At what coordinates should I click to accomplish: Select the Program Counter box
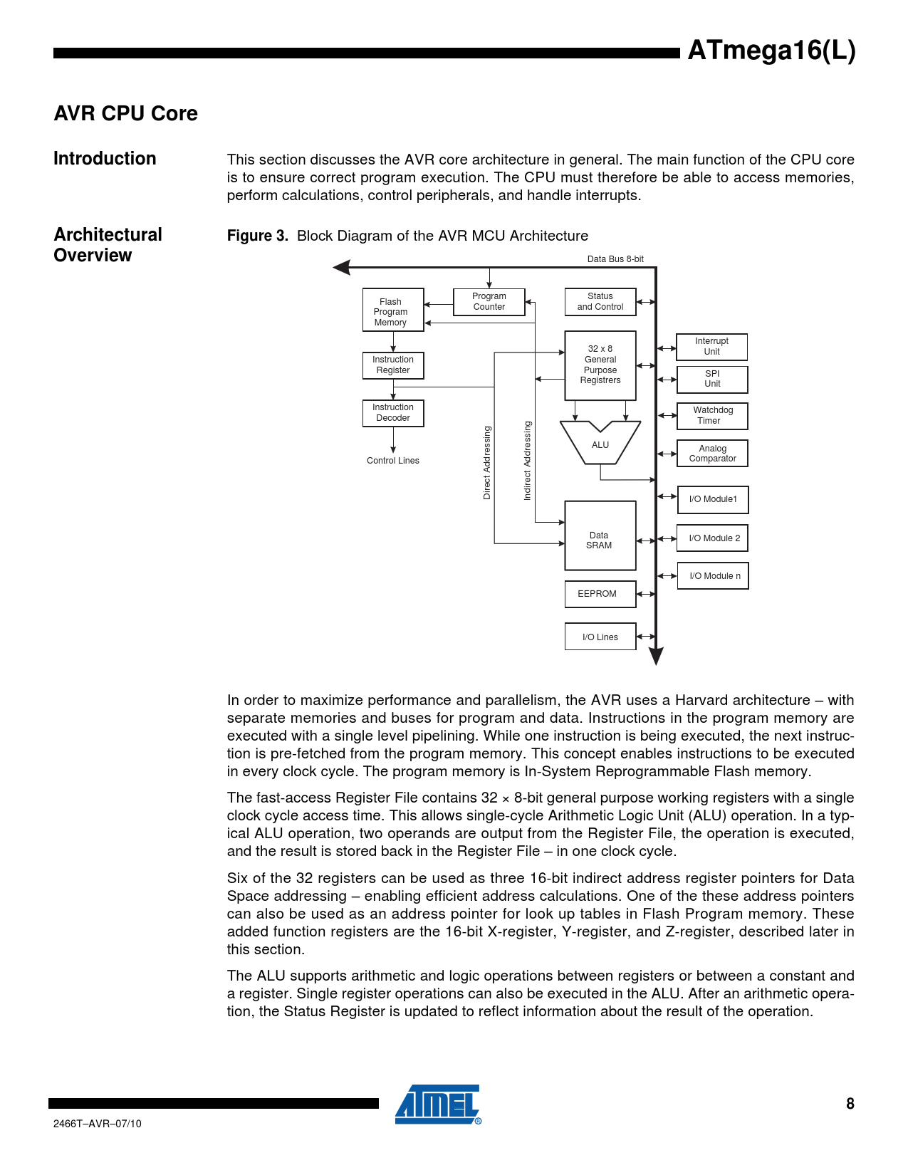click(x=489, y=301)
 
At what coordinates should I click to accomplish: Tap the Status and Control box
click(x=600, y=301)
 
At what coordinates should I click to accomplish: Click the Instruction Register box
click(x=392, y=365)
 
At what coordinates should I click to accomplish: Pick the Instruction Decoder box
click(x=392, y=413)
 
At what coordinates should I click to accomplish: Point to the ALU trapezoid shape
click(x=600, y=445)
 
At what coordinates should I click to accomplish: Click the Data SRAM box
click(x=600, y=536)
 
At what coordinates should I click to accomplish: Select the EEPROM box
click(x=600, y=594)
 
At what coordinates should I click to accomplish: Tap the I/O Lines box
click(x=600, y=637)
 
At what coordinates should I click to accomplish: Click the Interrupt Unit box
click(x=711, y=347)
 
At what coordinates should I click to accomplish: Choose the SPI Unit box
click(x=711, y=379)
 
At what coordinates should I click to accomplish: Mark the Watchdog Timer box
click(x=711, y=416)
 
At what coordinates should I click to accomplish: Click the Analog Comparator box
click(x=711, y=454)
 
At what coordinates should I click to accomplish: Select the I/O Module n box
click(x=712, y=576)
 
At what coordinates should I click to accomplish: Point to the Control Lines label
click(x=393, y=461)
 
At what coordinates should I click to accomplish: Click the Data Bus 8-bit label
click(x=615, y=259)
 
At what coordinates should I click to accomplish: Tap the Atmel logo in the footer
click(x=438, y=1104)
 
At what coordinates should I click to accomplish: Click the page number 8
click(x=850, y=1104)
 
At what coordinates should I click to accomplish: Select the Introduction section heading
click(x=105, y=159)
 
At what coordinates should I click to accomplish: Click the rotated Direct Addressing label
click(x=487, y=463)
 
